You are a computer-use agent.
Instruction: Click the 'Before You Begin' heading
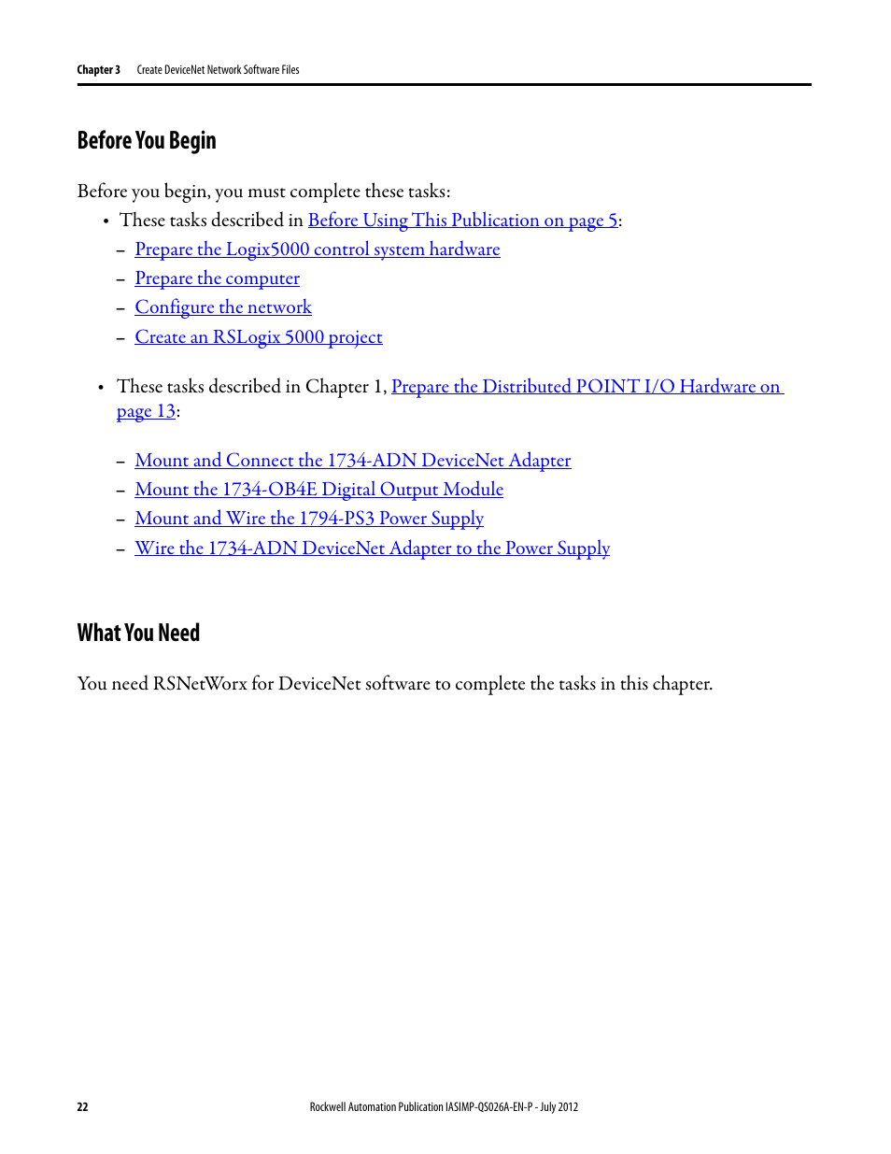(x=147, y=141)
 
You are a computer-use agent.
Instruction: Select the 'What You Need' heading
(x=138, y=634)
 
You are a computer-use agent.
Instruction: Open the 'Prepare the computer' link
(x=217, y=278)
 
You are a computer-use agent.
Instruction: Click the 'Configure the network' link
(x=223, y=307)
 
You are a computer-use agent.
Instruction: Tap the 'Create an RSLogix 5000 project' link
(x=259, y=337)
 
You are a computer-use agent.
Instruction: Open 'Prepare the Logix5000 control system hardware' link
(x=317, y=249)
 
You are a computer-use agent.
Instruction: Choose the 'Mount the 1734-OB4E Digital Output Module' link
(x=318, y=490)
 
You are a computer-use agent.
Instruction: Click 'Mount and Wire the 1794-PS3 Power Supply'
(x=309, y=519)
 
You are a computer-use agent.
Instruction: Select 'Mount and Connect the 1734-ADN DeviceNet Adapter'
(x=352, y=461)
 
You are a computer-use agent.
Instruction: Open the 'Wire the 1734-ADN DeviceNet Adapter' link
(x=372, y=549)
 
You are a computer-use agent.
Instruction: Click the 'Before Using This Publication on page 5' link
(x=462, y=221)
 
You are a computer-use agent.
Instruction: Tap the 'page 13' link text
(x=147, y=412)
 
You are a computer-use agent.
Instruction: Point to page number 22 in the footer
(x=82, y=1107)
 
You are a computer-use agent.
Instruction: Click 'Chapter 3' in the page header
(x=98, y=70)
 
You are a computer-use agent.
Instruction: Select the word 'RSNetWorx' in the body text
(x=200, y=684)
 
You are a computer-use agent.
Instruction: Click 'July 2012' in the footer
(x=559, y=1107)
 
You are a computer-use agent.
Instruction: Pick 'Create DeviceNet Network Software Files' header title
(x=218, y=70)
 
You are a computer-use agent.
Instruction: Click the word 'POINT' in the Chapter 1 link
(x=607, y=387)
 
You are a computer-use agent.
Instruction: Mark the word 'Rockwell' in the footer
(x=328, y=1107)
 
